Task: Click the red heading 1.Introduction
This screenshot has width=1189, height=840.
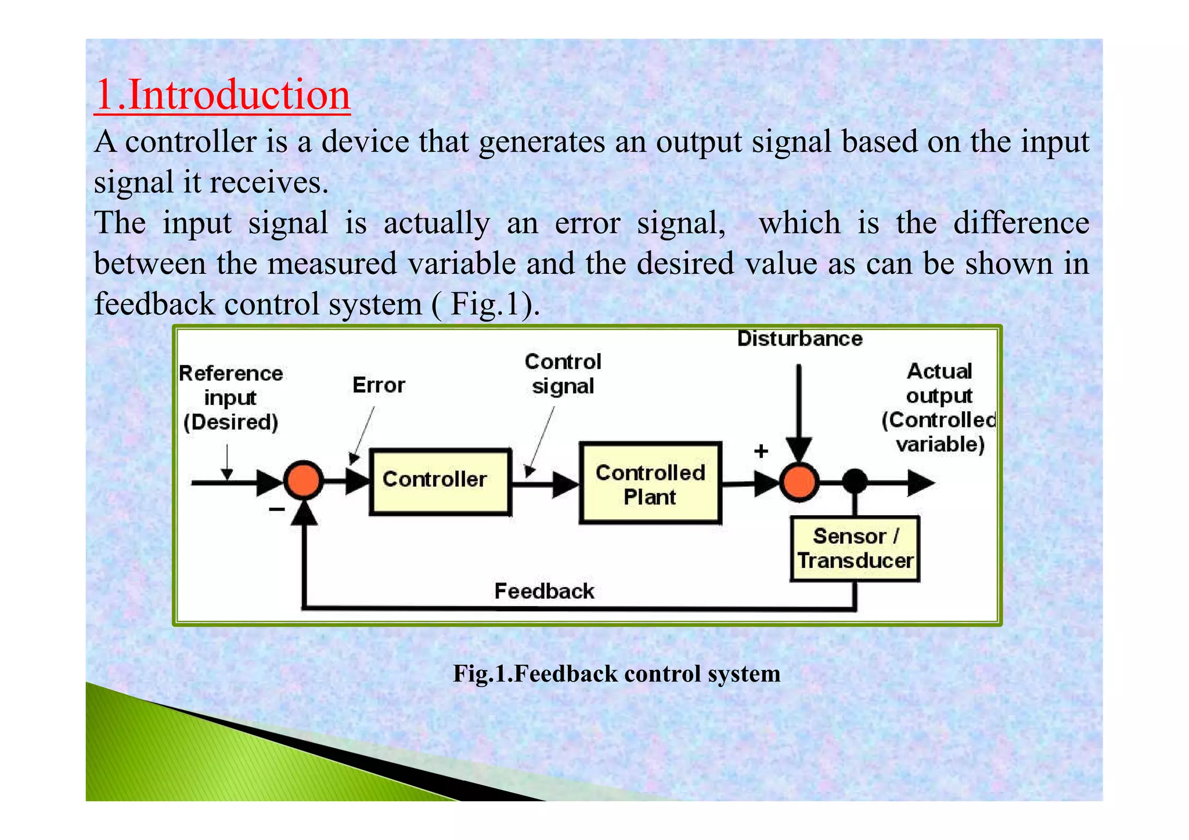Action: coord(222,95)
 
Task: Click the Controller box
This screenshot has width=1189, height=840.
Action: coord(440,481)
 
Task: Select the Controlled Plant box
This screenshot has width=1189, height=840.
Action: coord(650,484)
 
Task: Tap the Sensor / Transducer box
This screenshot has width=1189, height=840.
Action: coord(855,548)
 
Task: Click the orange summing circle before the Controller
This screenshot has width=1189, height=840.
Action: coord(303,481)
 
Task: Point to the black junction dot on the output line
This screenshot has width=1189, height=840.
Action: coord(855,481)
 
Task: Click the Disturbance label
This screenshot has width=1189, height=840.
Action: coord(799,339)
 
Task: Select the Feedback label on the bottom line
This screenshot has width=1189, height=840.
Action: coord(544,591)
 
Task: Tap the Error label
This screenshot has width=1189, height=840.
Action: coord(379,385)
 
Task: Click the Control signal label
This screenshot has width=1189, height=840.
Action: coord(563,374)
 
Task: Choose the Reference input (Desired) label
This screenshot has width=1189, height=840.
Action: coord(230,398)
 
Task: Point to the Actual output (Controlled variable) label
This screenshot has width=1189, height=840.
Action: coord(938,408)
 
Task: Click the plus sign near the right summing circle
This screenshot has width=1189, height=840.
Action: coord(761,451)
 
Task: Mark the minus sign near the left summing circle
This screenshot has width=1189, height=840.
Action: coord(276,509)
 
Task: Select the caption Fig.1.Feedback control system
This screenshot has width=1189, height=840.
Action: coord(617,674)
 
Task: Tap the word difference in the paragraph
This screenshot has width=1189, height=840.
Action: coord(1021,223)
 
